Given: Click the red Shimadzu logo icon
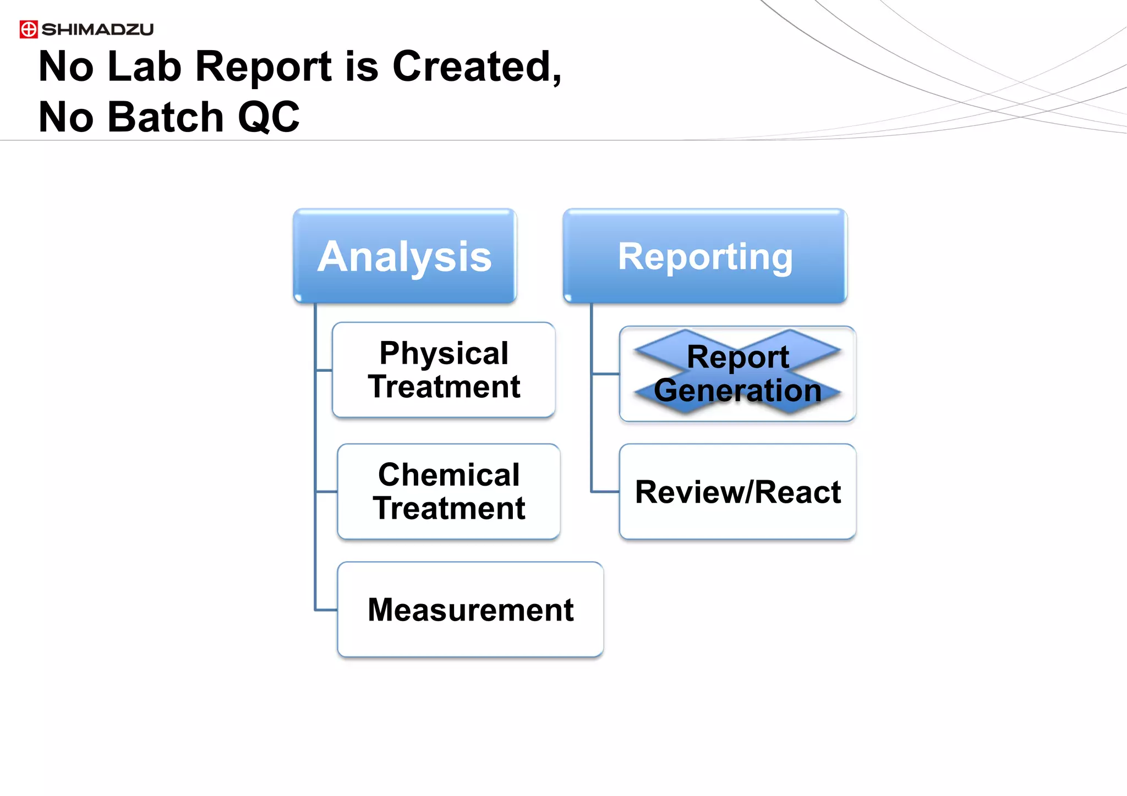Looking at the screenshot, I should pyautogui.click(x=29, y=29).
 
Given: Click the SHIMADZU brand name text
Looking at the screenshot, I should pyautogui.click(x=97, y=29).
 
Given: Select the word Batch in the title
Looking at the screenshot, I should pyautogui.click(x=166, y=117).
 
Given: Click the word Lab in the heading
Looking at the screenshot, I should pyautogui.click(x=144, y=67).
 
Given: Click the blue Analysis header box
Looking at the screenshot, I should pyautogui.click(x=404, y=256).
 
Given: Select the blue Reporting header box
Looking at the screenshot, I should pyautogui.click(x=705, y=256).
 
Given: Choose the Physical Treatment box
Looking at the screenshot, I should pyautogui.click(x=444, y=370).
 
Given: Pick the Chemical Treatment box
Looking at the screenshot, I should pyautogui.click(x=448, y=491).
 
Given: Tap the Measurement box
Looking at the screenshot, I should pyautogui.click(x=471, y=610).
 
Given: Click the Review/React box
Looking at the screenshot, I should pyautogui.click(x=737, y=491).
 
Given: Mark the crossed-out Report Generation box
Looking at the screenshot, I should pyautogui.click(x=737, y=374).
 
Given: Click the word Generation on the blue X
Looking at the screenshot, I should pyautogui.click(x=737, y=391).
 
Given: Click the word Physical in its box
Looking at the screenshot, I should pyautogui.click(x=444, y=353).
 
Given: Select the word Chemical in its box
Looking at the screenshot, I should pyautogui.click(x=448, y=475).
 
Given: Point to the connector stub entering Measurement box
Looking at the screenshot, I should pyautogui.click(x=326, y=610).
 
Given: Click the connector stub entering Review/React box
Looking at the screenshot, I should pyautogui.click(x=605, y=491).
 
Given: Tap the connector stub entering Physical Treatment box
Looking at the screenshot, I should pyautogui.click(x=324, y=370).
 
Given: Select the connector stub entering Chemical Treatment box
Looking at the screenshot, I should pyautogui.click(x=326, y=491).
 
